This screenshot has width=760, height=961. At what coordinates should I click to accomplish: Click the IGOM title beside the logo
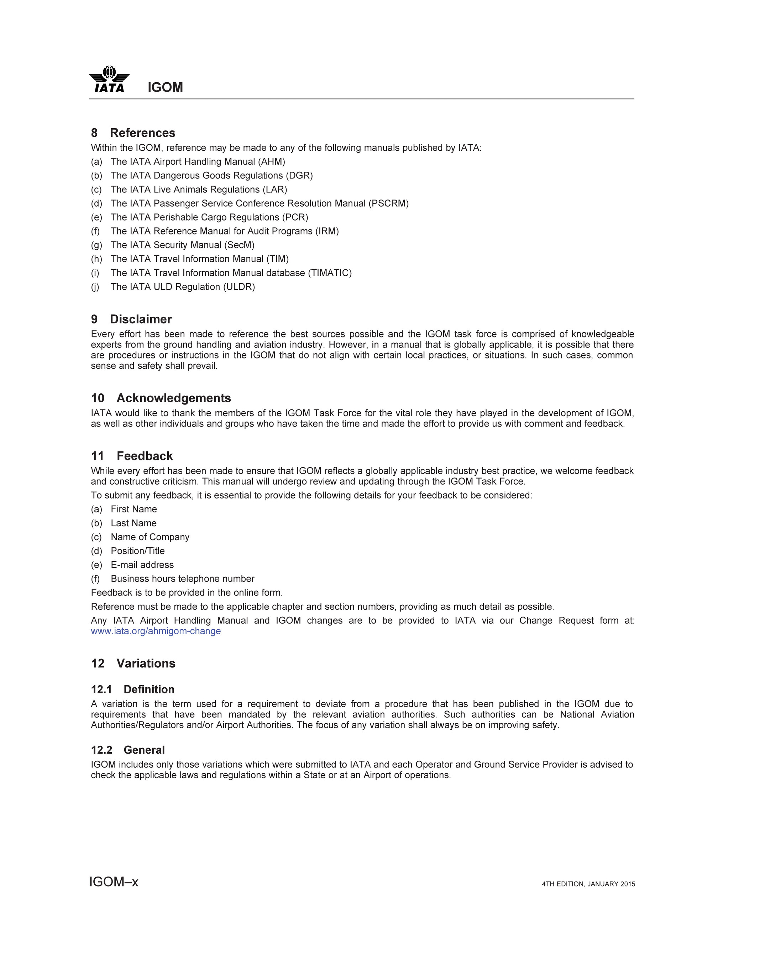click(165, 87)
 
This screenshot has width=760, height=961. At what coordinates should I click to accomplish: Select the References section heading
click(133, 133)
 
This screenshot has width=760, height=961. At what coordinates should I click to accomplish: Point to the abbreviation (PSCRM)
click(388, 203)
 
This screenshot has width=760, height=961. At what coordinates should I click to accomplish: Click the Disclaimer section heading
click(131, 319)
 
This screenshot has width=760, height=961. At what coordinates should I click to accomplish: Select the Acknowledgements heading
click(161, 398)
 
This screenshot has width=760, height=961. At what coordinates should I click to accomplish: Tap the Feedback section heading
click(132, 456)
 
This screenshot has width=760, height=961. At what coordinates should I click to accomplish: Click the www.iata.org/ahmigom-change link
click(156, 631)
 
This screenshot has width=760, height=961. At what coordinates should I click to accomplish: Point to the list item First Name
click(133, 509)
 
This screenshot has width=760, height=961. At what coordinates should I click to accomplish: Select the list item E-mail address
click(142, 565)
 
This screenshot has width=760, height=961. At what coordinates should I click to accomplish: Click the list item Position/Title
click(137, 551)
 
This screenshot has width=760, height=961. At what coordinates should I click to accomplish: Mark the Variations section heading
click(133, 663)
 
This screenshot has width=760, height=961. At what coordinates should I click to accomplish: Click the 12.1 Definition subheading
click(132, 689)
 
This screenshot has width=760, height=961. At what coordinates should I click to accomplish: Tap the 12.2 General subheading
click(128, 750)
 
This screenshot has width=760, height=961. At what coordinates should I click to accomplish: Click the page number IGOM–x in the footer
click(114, 882)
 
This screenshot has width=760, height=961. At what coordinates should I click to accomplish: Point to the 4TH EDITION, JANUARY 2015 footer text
click(588, 884)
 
